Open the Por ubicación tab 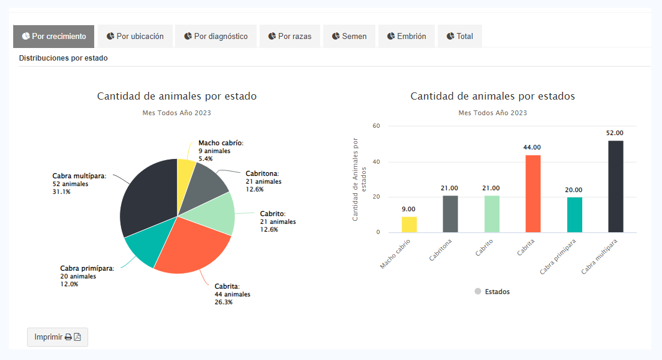135,36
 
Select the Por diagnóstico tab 216,36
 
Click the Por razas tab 290,36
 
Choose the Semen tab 349,36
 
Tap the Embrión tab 406,36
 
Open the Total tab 459,36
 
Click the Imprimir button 58,337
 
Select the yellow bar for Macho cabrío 409,224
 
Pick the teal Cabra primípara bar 574,215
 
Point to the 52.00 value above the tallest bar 615,133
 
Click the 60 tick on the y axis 377,126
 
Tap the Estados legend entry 492,292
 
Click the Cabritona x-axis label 441,250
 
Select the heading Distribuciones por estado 63,59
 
